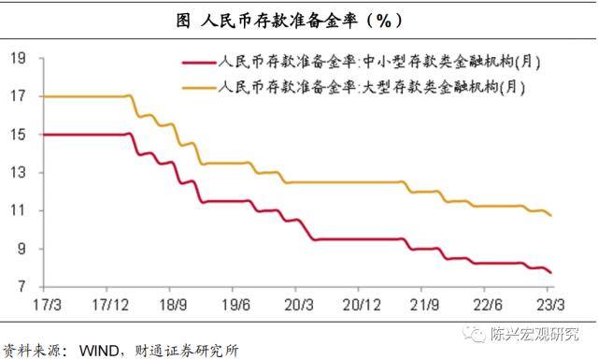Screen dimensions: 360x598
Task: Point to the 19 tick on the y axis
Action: click(17, 59)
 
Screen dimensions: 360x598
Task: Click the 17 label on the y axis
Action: click(17, 96)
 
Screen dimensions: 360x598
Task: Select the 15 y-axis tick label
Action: click(17, 135)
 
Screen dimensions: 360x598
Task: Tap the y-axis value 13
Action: click(17, 173)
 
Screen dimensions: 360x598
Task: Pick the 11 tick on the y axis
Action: click(17, 210)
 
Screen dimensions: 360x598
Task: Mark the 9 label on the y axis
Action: click(21, 249)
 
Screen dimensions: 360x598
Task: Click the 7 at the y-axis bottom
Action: click(21, 286)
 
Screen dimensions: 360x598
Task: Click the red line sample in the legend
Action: click(197, 64)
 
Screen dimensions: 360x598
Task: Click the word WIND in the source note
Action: click(96, 351)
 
